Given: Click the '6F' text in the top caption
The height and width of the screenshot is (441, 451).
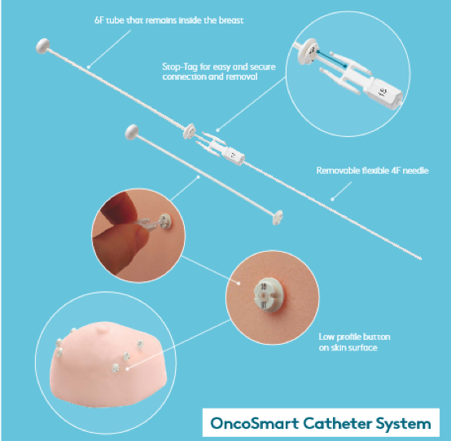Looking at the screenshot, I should coord(100,18).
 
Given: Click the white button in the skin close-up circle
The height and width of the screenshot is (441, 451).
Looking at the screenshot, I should coord(266,294).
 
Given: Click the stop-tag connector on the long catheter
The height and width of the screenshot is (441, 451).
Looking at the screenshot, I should coord(220,147).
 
